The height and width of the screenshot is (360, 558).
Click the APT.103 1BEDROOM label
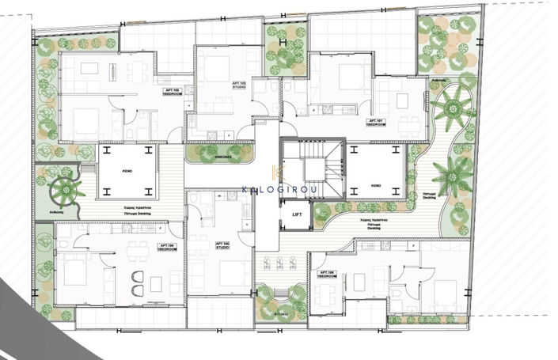[172, 93]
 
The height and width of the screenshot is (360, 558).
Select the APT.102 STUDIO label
[238, 84]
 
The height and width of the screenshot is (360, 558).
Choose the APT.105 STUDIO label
[222, 246]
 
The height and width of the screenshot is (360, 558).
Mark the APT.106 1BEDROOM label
[327, 275]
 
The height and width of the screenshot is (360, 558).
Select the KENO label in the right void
[376, 185]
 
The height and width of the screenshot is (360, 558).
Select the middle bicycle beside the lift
[280, 262]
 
